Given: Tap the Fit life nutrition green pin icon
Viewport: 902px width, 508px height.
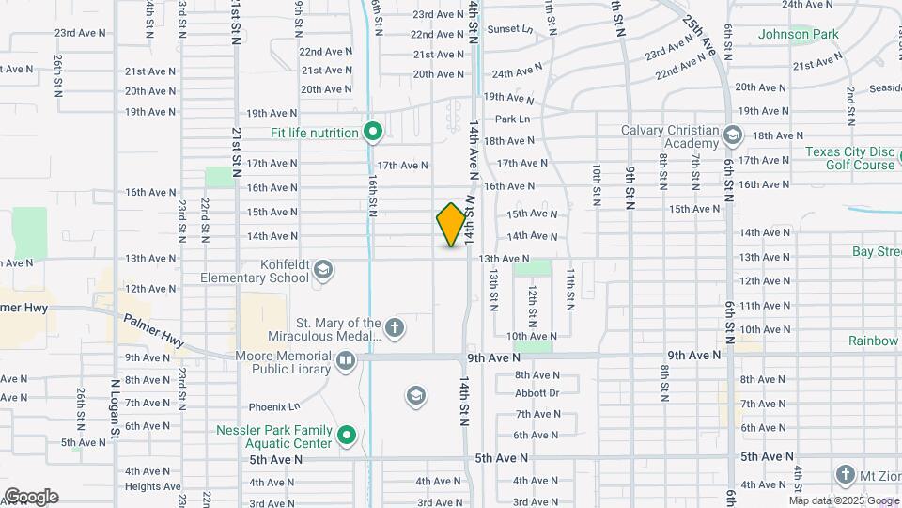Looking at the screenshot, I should pyautogui.click(x=372, y=132).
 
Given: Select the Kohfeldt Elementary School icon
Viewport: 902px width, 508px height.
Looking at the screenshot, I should pyautogui.click(x=322, y=271).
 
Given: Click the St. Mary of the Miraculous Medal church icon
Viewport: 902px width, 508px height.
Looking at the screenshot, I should pyautogui.click(x=396, y=328).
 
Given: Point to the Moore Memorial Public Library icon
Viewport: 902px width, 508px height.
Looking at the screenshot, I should pyautogui.click(x=346, y=358).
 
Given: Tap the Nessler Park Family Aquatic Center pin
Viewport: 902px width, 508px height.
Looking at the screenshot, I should pyautogui.click(x=347, y=435).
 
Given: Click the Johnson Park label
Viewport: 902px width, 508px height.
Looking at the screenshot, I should pyautogui.click(x=798, y=35).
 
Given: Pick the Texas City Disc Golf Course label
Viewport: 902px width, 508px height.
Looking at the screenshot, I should pyautogui.click(x=851, y=158).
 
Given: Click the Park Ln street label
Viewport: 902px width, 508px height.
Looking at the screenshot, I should pyautogui.click(x=513, y=119).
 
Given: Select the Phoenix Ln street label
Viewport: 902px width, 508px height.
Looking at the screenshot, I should pyautogui.click(x=274, y=406).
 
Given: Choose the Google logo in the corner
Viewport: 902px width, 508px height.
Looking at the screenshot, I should pyautogui.click(x=30, y=497).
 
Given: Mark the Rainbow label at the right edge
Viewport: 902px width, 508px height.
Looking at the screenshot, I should pyautogui.click(x=874, y=341).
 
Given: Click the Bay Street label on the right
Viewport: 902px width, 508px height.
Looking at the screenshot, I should pyautogui.click(x=877, y=251).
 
